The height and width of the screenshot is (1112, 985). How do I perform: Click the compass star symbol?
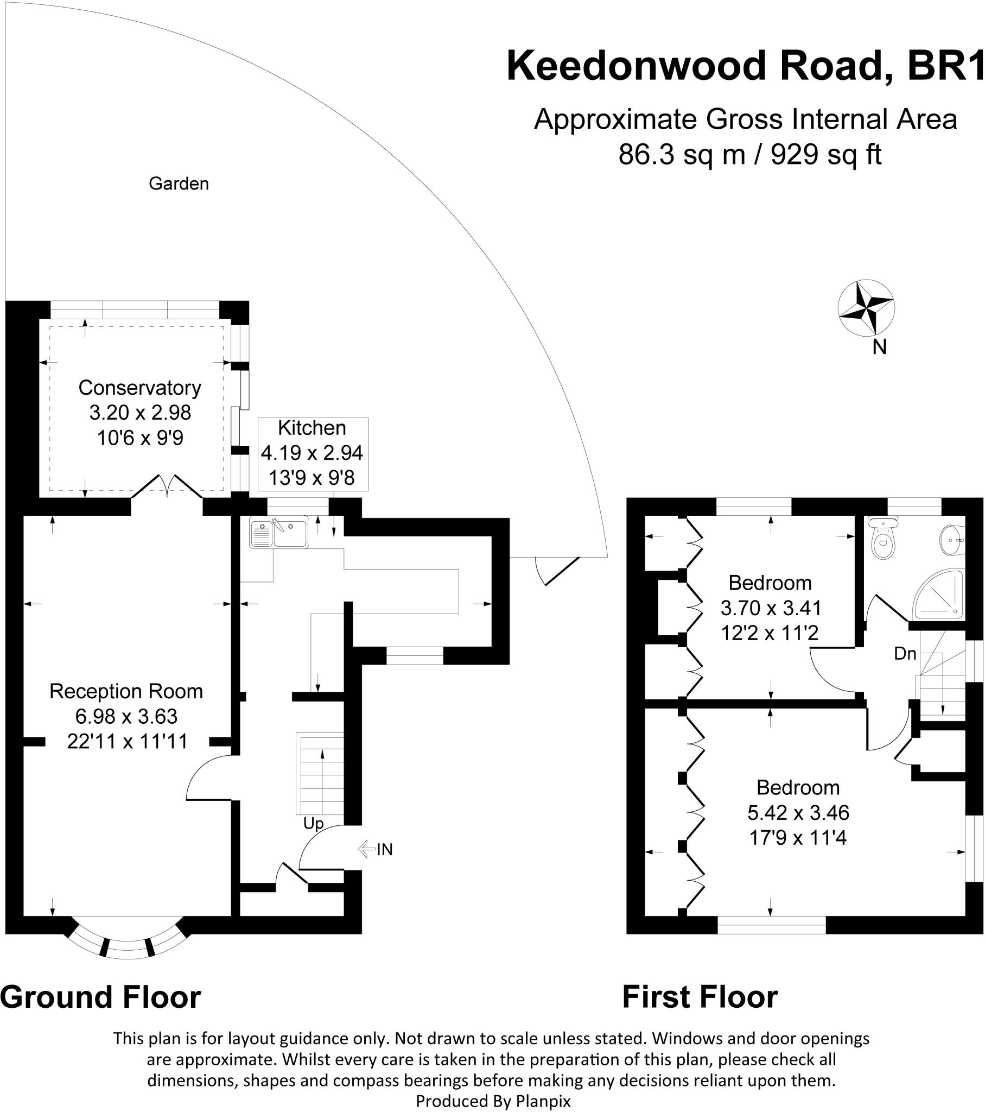point(866,307)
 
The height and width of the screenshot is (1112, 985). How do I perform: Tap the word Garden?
point(179,184)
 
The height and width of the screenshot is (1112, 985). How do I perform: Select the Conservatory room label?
point(140,388)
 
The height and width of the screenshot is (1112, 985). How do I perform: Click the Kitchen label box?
point(313,453)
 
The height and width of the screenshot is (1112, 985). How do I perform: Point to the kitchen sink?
point(278,532)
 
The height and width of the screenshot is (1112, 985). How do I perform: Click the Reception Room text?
point(126,691)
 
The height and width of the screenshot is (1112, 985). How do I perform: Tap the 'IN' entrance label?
point(384,849)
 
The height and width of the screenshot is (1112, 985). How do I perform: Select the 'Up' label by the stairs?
point(313,824)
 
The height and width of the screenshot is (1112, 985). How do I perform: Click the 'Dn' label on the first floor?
point(905,653)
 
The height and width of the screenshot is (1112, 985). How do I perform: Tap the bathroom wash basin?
point(952,539)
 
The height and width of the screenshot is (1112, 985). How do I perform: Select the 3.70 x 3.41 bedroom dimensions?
point(771,608)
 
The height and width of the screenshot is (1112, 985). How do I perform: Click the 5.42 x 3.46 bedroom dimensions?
point(798,813)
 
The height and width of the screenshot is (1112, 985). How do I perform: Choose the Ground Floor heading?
point(100,998)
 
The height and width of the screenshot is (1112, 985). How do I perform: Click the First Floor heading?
point(700,998)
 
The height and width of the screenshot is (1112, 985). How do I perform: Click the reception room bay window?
point(128,944)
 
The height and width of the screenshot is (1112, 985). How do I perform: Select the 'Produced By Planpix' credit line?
point(493,1102)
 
